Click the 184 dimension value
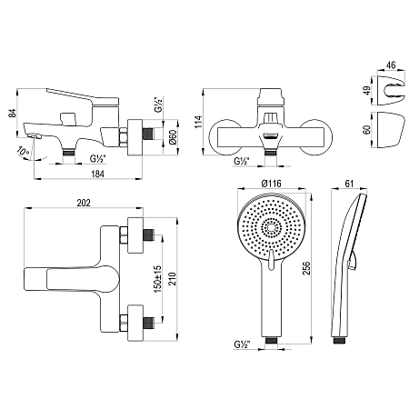click(97, 174)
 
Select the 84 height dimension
click(12, 113)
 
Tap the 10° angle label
click(24, 151)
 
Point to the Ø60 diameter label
click(172, 137)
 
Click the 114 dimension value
click(198, 122)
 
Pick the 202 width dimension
click(84, 203)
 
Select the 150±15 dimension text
click(157, 279)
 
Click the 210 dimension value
click(172, 279)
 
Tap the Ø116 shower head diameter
click(271, 184)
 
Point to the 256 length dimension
click(307, 268)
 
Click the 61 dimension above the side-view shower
click(349, 184)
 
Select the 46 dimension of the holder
click(391, 65)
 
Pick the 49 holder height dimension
click(367, 90)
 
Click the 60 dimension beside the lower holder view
click(367, 130)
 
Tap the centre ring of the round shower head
click(271, 227)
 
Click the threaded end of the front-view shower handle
click(271, 341)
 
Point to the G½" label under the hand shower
click(242, 344)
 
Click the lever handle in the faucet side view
click(83, 97)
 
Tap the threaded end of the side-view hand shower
click(340, 341)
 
